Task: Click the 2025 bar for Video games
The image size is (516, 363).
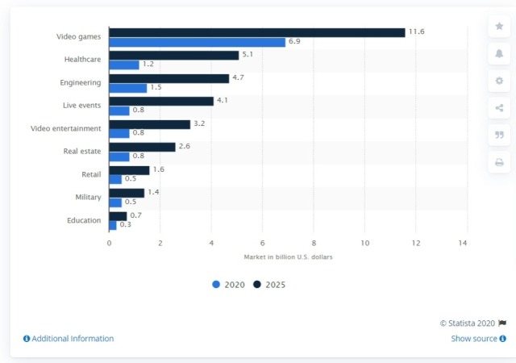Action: [x=256, y=32]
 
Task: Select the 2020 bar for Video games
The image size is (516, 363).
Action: [x=197, y=42]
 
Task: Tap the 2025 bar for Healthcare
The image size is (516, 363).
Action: [x=173, y=55]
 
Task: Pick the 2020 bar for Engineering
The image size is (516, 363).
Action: [x=127, y=88]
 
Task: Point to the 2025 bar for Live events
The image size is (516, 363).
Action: [x=161, y=101]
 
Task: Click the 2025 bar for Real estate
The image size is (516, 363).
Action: [x=142, y=147]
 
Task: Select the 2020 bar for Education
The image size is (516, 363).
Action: [x=113, y=225]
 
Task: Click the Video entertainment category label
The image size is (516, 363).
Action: [x=65, y=128]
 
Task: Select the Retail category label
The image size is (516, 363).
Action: [x=91, y=174]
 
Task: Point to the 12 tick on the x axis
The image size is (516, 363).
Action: [x=415, y=242]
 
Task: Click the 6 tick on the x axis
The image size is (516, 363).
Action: [x=262, y=242]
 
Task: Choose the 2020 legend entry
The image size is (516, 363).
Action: [x=230, y=285]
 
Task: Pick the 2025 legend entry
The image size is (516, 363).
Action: [x=269, y=285]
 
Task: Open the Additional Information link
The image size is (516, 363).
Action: [x=69, y=339]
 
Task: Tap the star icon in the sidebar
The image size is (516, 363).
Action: [x=498, y=26]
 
